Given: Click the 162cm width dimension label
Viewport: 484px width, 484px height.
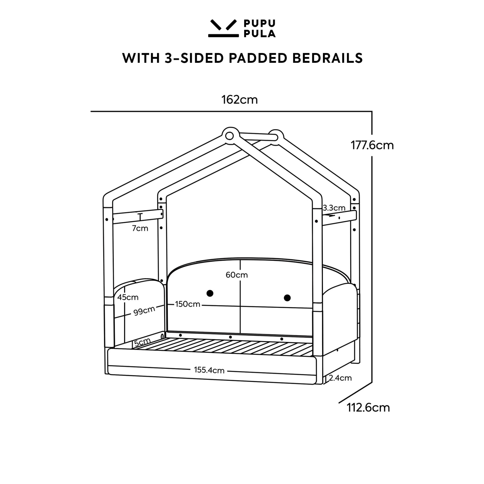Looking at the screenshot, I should (239, 100).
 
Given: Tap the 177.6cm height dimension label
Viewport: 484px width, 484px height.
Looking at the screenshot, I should (372, 145).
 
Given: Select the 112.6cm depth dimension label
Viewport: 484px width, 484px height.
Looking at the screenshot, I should (368, 408).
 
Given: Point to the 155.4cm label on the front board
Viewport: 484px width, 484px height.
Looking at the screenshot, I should (209, 370).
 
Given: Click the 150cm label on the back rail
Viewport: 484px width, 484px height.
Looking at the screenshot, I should (188, 304).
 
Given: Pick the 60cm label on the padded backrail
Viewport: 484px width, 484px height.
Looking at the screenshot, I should (237, 275).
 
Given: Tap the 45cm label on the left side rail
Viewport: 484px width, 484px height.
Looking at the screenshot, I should (128, 297).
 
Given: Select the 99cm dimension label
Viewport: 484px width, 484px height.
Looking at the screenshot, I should (144, 311).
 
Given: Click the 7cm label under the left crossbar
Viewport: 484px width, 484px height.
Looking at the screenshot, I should (140, 228).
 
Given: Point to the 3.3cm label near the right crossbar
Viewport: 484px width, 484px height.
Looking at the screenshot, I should (334, 208).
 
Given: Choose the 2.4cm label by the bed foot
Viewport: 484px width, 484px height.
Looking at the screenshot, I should (340, 378).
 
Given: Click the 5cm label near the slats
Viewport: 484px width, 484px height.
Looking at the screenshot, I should (142, 342).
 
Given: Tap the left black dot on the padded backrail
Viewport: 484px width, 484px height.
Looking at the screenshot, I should (210, 293).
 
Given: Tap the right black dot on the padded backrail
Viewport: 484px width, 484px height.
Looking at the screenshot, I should (287, 298).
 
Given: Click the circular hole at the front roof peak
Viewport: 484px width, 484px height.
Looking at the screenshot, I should (229, 136).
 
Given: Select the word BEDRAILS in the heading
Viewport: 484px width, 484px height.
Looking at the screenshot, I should (327, 58).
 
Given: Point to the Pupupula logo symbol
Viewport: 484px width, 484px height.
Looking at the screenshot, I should (223, 28).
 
